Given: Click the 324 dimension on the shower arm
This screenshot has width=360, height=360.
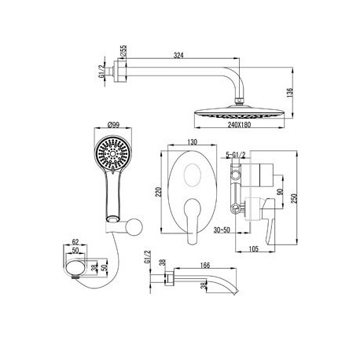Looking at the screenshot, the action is [178, 55].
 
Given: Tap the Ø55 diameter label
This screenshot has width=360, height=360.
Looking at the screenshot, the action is [123, 50].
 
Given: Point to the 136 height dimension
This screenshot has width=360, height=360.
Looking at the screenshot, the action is [290, 93].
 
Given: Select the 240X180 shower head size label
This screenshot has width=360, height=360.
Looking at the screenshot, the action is [239, 124].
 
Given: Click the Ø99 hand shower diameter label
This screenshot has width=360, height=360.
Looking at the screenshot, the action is [113, 125].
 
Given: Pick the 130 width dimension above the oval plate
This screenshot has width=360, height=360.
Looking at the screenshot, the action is [192, 142].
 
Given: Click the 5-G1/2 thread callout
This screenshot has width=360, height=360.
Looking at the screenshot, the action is [236, 155].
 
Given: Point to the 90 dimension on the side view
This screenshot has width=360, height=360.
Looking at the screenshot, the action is [280, 192].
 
